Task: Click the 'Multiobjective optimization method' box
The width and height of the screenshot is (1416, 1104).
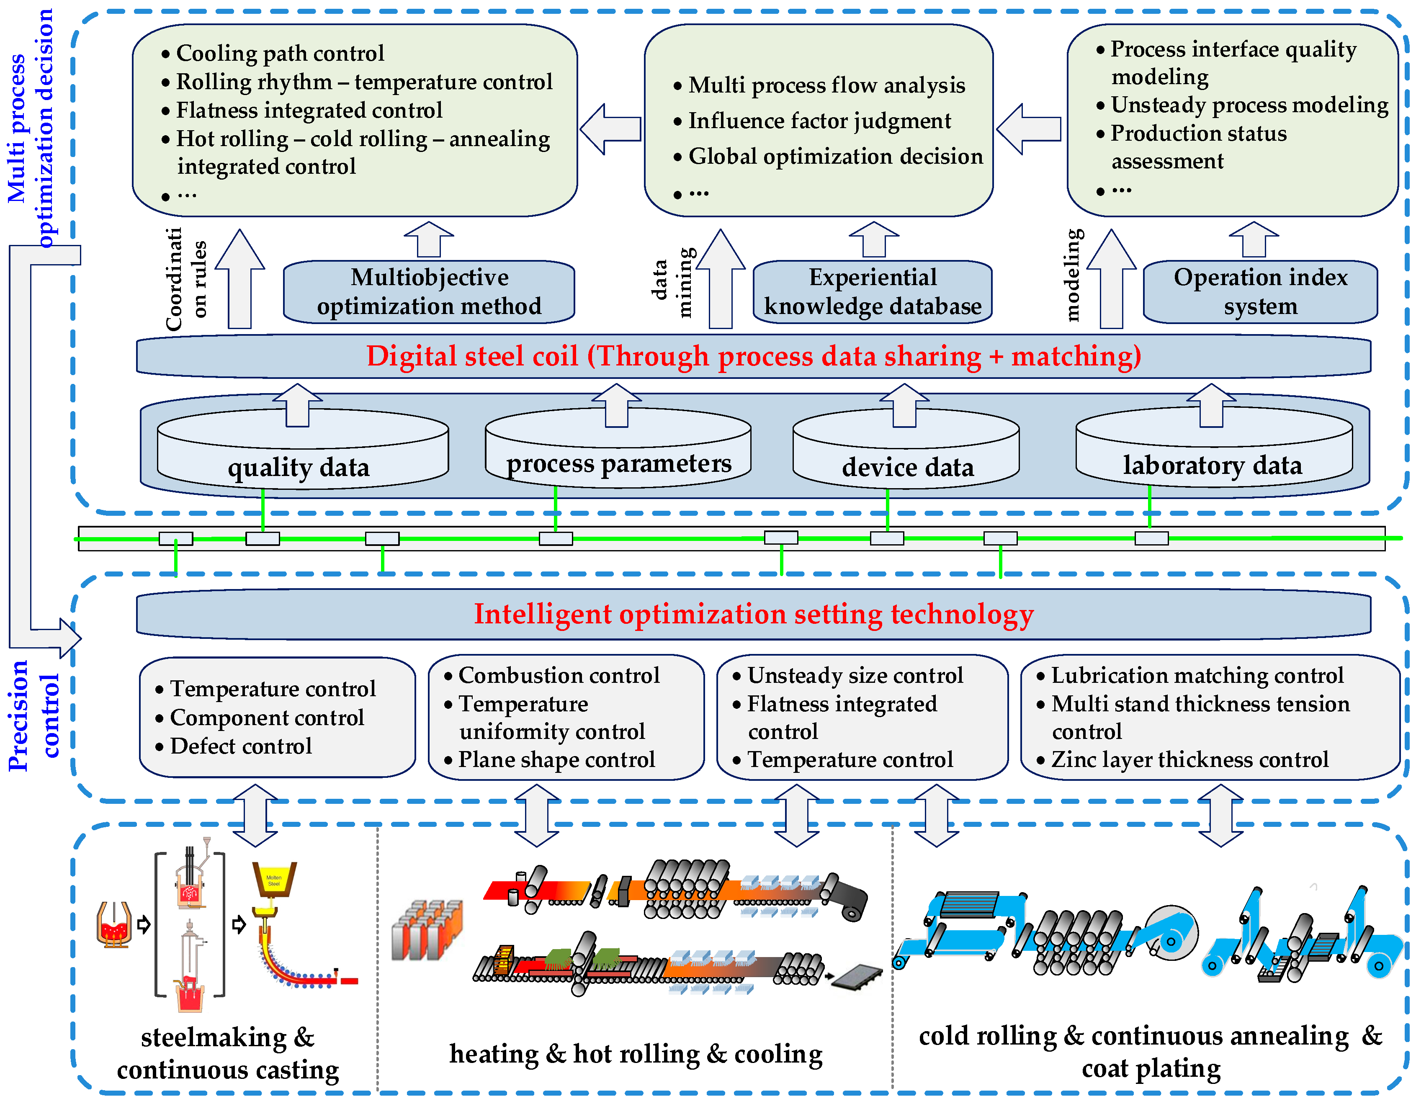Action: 429,292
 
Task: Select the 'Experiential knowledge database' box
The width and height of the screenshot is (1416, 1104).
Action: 873,292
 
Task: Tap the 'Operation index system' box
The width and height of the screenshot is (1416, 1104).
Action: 1260,292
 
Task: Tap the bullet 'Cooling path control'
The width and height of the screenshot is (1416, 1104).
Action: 273,53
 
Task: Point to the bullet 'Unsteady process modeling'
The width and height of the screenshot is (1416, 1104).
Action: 1242,105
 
